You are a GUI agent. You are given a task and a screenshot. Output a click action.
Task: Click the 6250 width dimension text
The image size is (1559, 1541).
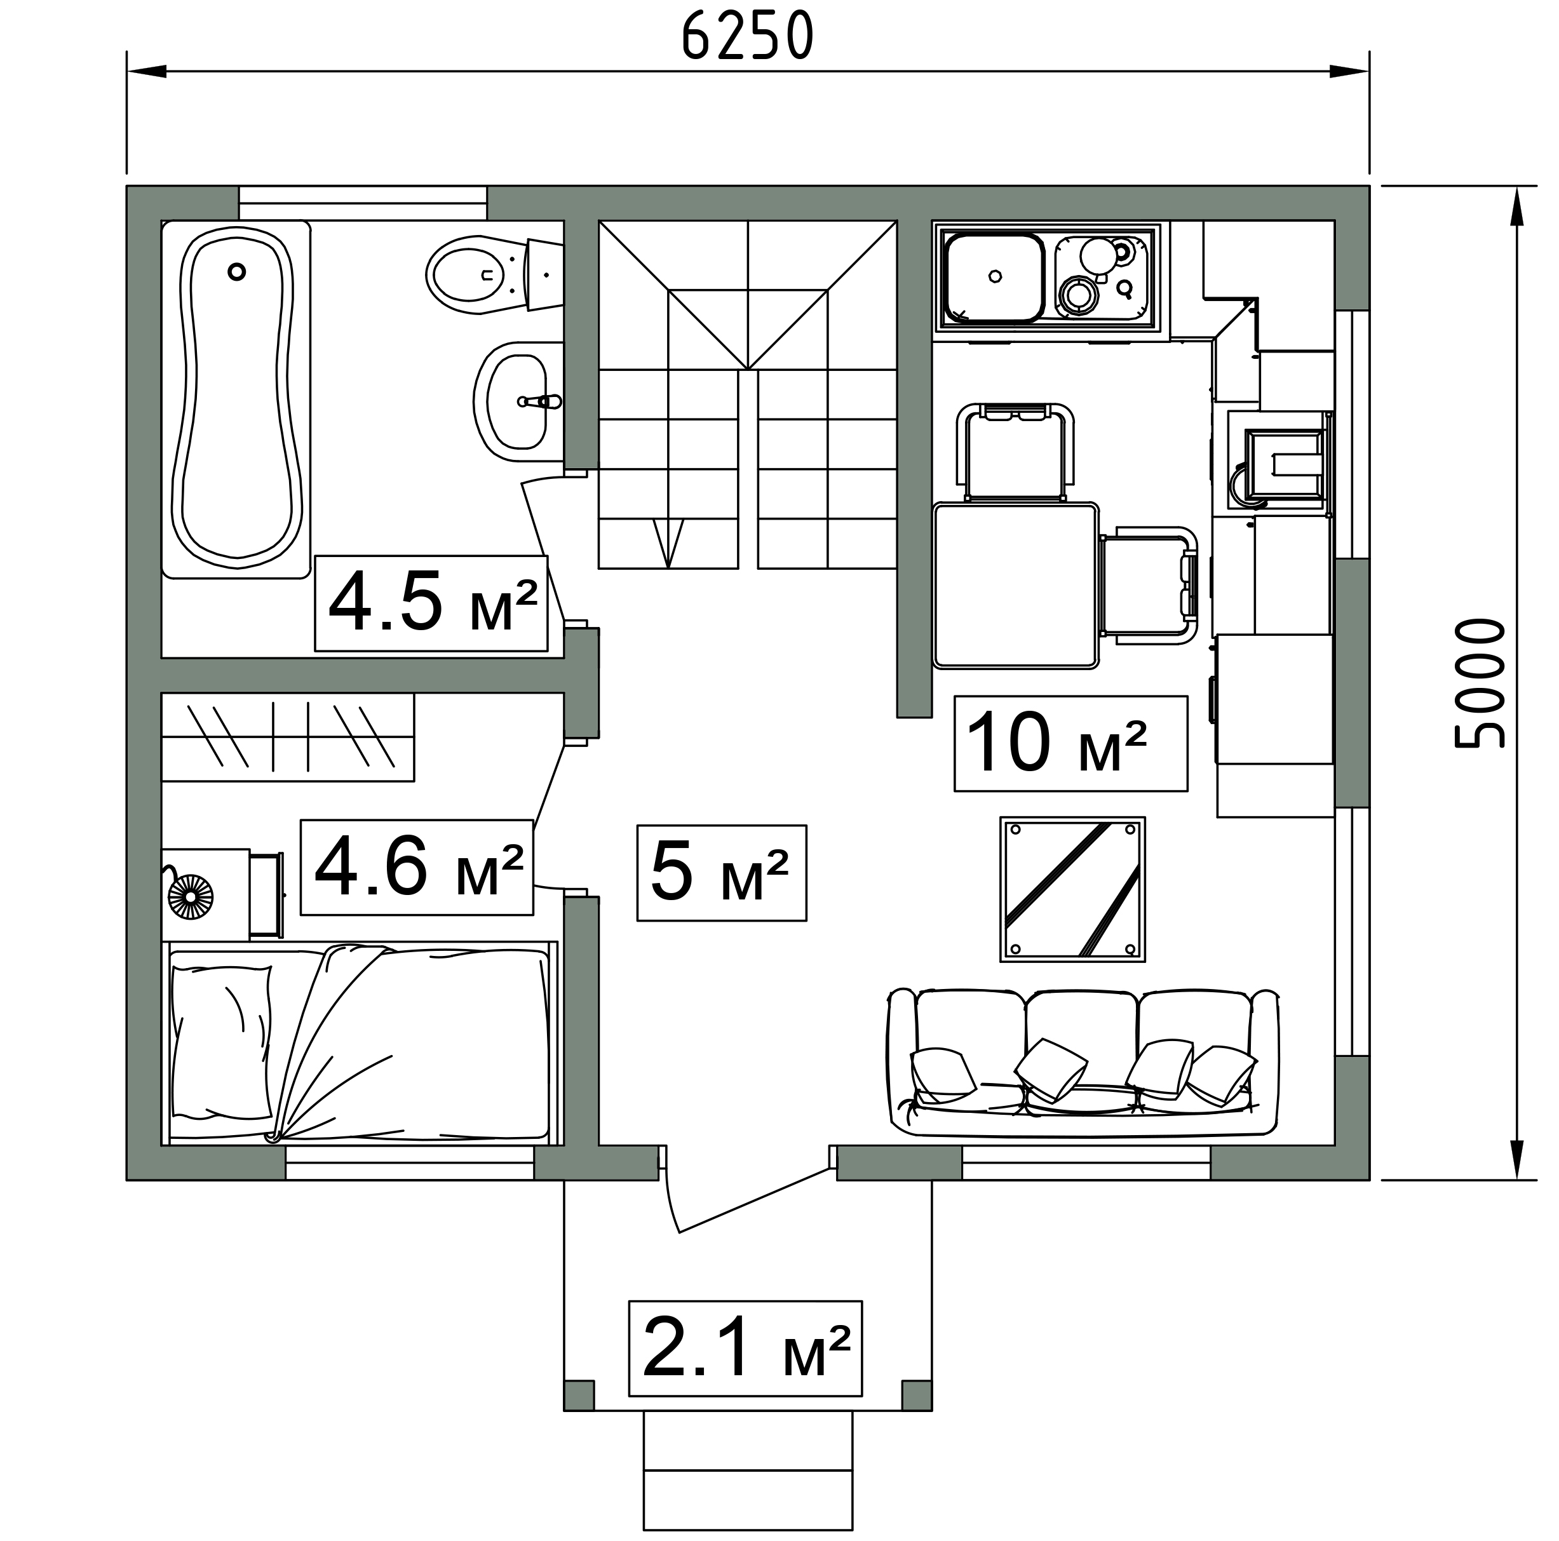tap(747, 36)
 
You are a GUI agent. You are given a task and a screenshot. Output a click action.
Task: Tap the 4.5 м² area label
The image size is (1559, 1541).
tap(433, 603)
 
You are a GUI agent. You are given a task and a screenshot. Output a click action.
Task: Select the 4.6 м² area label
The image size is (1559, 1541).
tap(418, 867)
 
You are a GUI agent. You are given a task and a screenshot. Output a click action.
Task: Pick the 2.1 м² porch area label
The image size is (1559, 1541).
tap(746, 1347)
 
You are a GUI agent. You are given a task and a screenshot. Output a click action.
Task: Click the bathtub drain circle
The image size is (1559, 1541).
tap(236, 272)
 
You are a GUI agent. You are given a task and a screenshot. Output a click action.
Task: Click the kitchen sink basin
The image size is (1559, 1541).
tap(994, 278)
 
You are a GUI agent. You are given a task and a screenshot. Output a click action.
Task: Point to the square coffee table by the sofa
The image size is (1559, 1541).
tap(1072, 889)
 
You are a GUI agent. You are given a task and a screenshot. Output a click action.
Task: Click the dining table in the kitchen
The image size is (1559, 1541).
tap(1015, 586)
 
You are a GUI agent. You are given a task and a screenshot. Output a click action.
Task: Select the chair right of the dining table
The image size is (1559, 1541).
tap(1149, 586)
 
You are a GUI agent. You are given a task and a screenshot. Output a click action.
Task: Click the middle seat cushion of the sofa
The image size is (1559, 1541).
tap(1083, 1041)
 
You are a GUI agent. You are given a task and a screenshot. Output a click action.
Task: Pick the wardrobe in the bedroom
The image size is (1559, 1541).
tap(287, 737)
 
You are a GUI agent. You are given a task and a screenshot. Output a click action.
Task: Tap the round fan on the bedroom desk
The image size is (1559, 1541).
tap(191, 897)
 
